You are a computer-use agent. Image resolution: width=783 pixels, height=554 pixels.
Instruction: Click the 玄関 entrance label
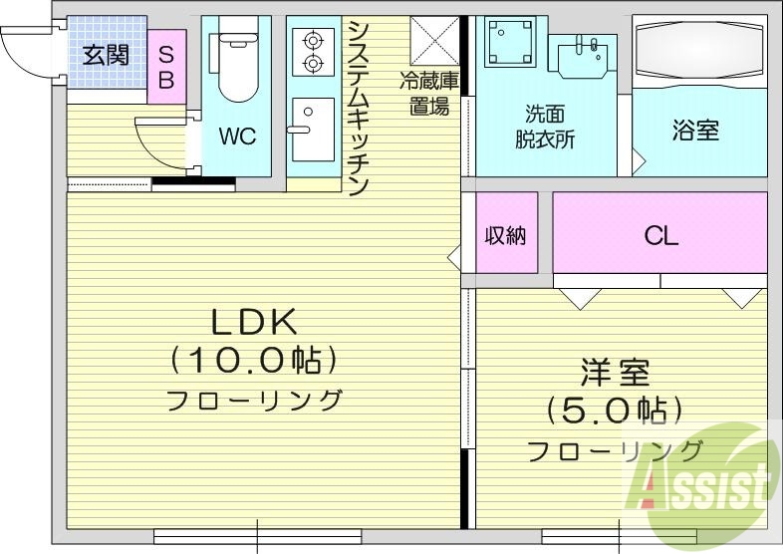point(105,55)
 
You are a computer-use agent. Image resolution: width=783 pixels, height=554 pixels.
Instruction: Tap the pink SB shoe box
point(166,66)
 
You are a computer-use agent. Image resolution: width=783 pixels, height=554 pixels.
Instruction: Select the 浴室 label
point(696,130)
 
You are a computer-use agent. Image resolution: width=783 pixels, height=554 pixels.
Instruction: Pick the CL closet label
point(660,235)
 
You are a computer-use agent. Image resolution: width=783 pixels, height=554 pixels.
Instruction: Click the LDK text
point(253,321)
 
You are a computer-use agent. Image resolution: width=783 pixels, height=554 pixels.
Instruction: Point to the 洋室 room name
point(615,374)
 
